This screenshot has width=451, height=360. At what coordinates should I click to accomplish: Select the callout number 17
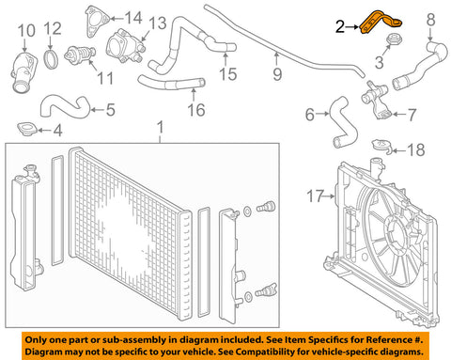tap(315, 196)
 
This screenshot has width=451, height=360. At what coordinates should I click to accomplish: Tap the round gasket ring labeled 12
tap(51, 58)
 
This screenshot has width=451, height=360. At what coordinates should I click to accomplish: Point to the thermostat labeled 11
tap(80, 55)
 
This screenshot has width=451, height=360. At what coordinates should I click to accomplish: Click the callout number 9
tap(277, 74)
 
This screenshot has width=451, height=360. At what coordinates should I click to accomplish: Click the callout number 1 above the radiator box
tap(160, 128)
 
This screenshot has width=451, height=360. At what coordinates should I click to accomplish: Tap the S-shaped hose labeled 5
tap(65, 107)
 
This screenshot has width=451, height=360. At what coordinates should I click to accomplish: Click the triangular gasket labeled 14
tap(96, 22)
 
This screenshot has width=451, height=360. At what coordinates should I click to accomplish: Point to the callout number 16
tap(196, 110)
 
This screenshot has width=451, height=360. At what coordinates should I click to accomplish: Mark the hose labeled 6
tap(342, 123)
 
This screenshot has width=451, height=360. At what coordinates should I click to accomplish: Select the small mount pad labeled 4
tap(27, 130)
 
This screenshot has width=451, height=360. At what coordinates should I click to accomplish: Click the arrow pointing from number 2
tap(352, 27)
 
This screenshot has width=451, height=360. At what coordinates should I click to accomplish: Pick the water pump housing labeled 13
tap(125, 47)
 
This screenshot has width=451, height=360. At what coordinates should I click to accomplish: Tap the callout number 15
tap(227, 74)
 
